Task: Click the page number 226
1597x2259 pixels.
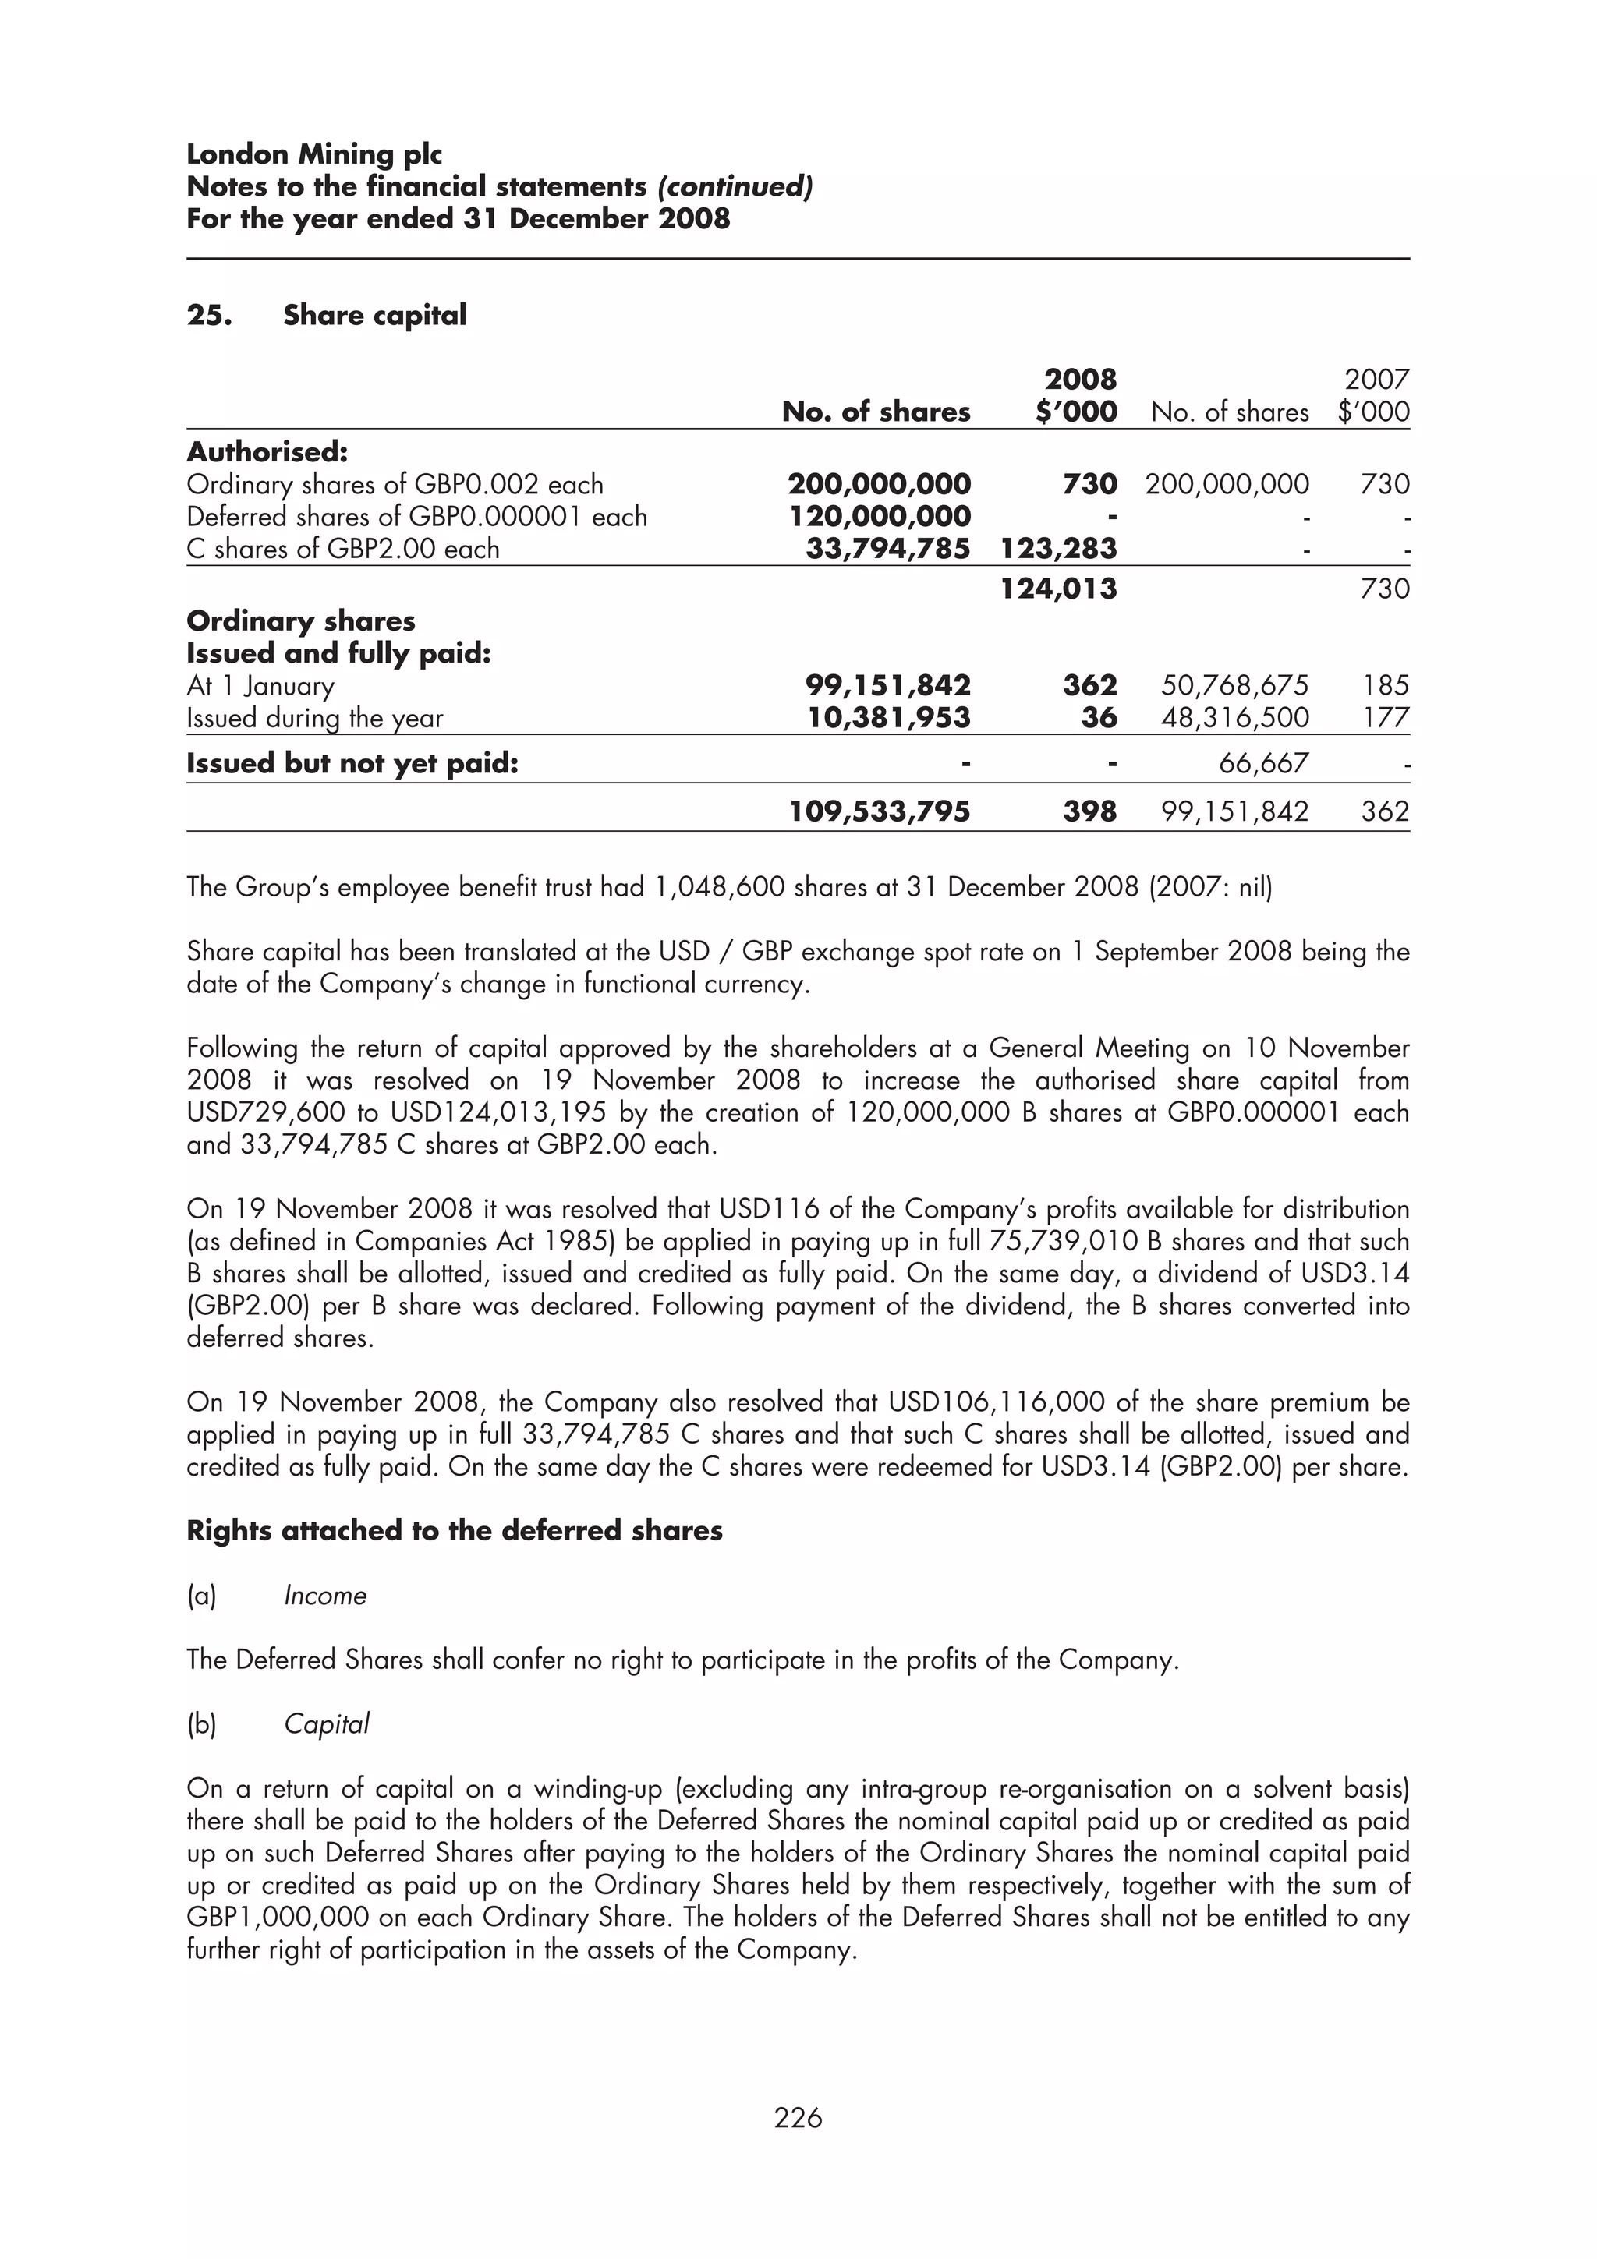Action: coord(798,2116)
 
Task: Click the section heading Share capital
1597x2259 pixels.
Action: coord(374,316)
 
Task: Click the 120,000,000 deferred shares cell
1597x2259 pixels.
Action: coord(880,517)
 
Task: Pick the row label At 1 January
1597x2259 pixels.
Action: coord(260,686)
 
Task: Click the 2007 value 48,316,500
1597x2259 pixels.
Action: coord(1235,718)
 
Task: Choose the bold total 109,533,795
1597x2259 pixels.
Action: coord(880,811)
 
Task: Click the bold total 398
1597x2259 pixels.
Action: coord(1089,811)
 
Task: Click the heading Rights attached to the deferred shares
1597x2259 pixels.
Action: coord(455,1531)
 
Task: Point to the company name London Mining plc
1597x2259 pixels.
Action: coord(314,154)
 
